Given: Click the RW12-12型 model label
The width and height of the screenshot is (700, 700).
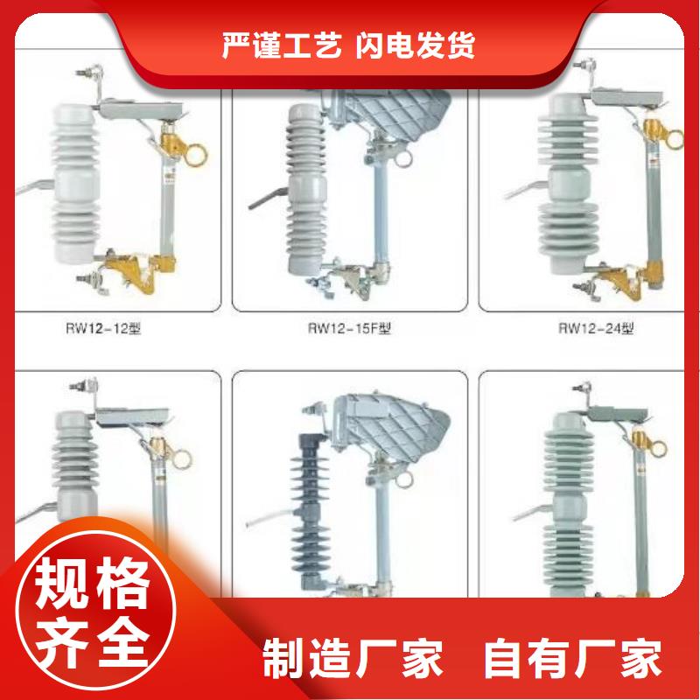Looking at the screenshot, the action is [x=103, y=329].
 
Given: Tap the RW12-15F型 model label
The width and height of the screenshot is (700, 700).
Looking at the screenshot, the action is [x=349, y=329].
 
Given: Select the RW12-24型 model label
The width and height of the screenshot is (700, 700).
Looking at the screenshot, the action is [x=596, y=329].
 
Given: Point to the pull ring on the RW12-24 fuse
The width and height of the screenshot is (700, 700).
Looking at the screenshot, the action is [x=674, y=138].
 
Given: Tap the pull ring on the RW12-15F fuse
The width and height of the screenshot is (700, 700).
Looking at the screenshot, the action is [x=403, y=158].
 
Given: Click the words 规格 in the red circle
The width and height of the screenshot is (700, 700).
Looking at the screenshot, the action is [x=92, y=583].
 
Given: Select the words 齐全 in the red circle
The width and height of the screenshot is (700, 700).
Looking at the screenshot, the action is [x=92, y=642].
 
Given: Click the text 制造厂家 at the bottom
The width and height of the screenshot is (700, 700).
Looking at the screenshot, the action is [x=353, y=658].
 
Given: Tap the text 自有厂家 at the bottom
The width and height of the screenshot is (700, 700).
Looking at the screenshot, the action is [x=573, y=658].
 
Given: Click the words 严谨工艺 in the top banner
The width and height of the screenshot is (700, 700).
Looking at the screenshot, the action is [x=282, y=45].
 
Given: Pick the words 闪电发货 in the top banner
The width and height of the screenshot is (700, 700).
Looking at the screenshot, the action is [x=415, y=45].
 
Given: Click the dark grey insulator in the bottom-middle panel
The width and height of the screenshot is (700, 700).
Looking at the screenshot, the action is [x=310, y=509].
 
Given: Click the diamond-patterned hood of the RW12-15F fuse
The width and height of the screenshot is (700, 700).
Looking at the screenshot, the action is [x=392, y=115].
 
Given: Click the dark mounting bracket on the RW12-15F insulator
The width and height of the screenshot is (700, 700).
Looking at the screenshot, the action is [x=268, y=199].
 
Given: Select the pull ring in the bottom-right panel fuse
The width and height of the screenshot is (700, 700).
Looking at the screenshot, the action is [x=658, y=449].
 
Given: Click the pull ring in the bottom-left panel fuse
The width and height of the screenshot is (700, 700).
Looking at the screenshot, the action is [x=181, y=459].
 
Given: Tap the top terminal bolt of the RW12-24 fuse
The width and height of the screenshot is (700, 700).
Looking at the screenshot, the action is [x=583, y=66].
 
